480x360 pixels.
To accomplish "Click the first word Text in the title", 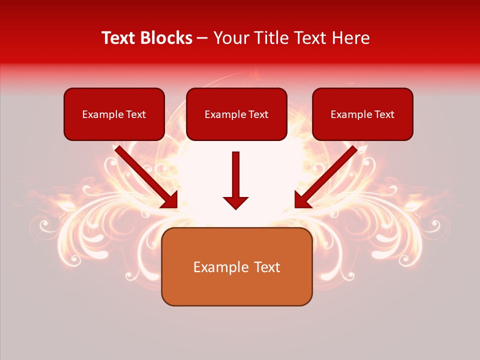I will tap(120, 38).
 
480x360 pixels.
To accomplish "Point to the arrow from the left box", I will tap(145, 176).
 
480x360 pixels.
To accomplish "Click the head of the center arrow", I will tap(235, 202).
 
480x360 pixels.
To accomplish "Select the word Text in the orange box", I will tap(266, 267).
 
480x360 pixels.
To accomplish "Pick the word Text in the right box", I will tap(384, 114).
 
